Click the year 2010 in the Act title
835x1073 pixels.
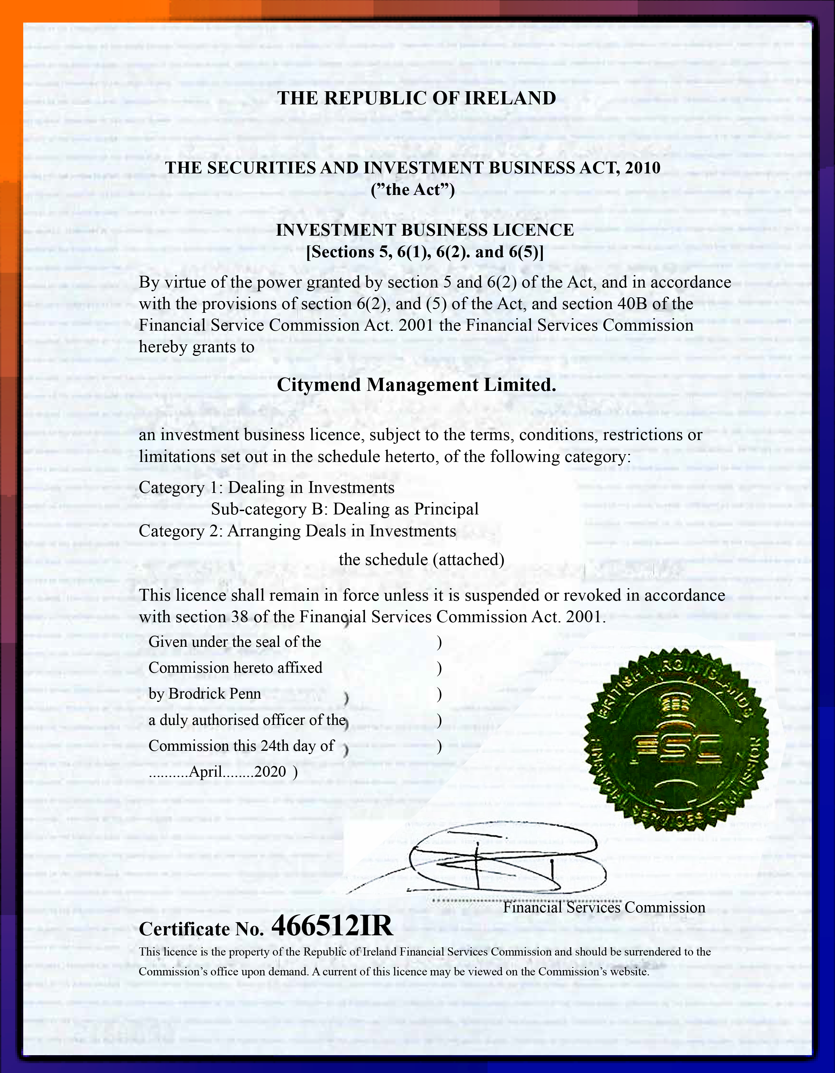coord(642,168)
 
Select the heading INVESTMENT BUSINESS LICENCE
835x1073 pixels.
coord(425,230)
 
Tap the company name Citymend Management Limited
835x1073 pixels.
coord(416,385)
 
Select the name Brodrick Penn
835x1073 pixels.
coord(215,694)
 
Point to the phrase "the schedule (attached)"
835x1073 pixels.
coord(422,560)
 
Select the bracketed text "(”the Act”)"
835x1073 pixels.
coord(412,189)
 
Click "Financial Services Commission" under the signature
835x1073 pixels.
coord(604,907)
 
